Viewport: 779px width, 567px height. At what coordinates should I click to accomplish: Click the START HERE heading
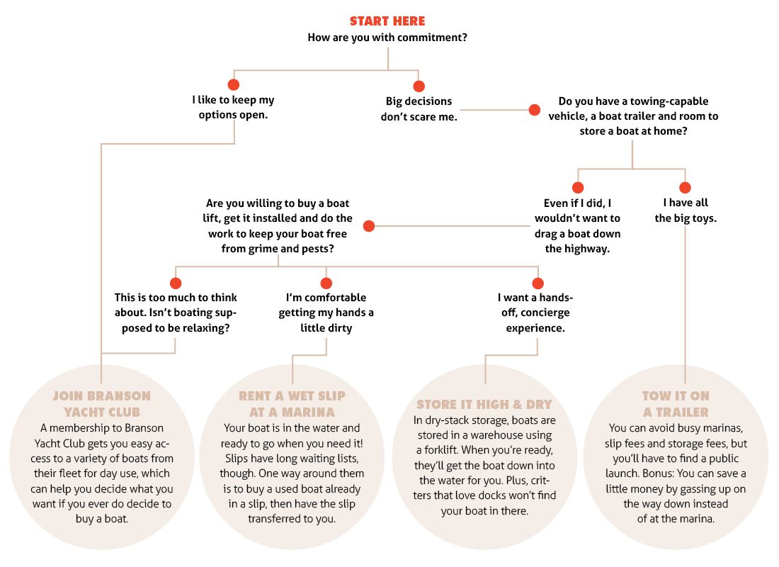387,21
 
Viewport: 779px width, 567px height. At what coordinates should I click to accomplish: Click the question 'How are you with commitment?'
387,38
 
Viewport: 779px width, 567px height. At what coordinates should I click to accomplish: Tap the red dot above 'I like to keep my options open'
234,84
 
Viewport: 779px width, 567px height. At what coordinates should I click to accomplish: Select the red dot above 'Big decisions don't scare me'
419,86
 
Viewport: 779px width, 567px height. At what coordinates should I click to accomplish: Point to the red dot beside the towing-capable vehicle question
535,110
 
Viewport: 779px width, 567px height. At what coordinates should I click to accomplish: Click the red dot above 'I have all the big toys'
685,188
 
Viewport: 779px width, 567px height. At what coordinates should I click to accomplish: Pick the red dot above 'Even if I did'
578,188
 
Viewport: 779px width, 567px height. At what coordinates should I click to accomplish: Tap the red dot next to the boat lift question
369,226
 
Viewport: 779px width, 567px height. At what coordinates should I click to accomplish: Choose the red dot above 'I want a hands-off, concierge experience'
538,283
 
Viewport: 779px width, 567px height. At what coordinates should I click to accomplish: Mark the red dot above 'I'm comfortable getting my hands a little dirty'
326,283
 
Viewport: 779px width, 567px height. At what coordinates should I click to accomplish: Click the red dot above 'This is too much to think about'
176,283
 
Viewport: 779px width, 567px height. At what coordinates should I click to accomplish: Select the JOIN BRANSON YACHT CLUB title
102,404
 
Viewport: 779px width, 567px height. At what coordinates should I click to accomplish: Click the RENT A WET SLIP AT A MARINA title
292,404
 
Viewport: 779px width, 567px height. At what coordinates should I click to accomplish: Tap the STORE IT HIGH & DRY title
484,405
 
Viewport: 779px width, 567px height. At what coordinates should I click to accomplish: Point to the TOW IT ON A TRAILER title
676,404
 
